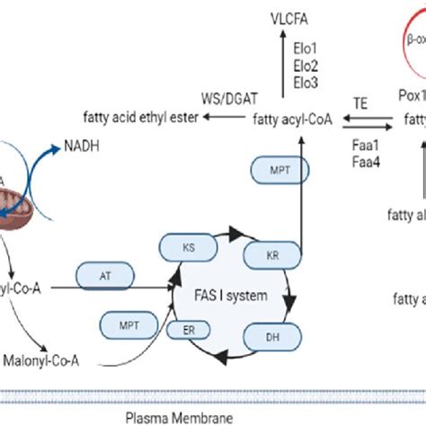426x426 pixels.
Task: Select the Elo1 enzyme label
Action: [x=293, y=44]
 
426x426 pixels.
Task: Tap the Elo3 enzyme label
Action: [x=293, y=81]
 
